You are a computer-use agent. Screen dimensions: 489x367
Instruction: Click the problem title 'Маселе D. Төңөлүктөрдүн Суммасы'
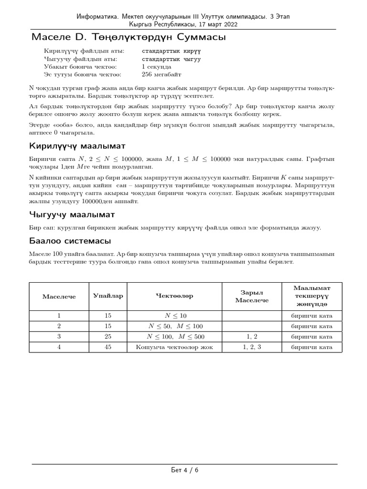128,37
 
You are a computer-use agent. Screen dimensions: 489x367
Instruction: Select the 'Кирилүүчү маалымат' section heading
78,145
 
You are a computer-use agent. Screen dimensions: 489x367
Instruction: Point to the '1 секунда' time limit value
156,67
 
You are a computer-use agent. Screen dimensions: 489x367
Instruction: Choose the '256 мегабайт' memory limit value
162,74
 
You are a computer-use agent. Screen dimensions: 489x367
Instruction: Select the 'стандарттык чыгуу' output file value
171,59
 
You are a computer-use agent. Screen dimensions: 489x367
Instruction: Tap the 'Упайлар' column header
108,296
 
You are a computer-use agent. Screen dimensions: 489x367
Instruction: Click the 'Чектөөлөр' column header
174,296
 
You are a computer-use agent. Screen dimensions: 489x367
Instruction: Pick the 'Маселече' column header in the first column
59,296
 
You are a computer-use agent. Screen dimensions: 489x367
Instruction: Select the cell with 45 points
108,347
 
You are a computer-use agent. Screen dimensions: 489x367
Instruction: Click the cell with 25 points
108,337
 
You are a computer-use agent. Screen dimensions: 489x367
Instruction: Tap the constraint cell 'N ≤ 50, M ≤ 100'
175,326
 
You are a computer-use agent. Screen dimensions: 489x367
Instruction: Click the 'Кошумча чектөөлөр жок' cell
174,347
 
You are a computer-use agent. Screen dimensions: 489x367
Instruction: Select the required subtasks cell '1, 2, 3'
252,347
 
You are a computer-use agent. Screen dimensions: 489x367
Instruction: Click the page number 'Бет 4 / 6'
184,470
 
